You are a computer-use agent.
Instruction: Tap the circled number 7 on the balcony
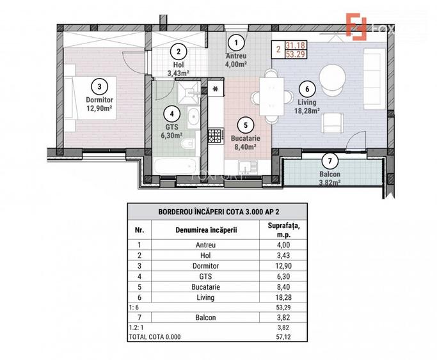[330, 160]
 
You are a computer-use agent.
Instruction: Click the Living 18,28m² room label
[306, 104]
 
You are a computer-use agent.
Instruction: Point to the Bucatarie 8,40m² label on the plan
[246, 141]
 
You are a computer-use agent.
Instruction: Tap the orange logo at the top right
[357, 25]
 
